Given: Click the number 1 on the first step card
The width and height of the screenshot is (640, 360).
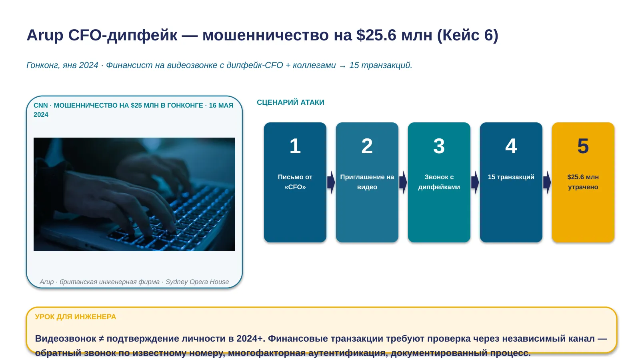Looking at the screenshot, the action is pos(295,146).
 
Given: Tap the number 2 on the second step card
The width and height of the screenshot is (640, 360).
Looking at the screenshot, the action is pos(367,146).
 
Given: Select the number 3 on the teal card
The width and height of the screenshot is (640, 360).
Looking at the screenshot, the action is pos(439,146).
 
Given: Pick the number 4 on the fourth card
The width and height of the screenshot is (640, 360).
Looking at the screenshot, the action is pos(511,146).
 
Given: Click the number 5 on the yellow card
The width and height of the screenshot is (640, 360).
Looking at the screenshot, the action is pos(583,146).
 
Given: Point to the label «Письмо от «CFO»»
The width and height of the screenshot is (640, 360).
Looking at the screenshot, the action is pos(295,182).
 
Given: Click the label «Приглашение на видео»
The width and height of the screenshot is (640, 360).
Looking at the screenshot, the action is pos(367,182).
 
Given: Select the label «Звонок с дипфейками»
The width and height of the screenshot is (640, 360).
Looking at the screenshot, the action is pos(439,182).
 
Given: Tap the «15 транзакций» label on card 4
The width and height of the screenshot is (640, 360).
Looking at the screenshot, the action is pos(511,177).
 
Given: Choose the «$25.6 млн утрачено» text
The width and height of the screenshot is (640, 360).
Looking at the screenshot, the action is pos(583,182).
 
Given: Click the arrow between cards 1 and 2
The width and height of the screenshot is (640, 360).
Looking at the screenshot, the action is pos(331,182).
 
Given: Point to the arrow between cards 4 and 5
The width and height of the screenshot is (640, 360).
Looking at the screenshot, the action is pos(547,182).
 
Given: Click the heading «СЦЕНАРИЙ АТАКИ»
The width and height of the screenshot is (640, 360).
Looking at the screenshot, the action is pos(290,102).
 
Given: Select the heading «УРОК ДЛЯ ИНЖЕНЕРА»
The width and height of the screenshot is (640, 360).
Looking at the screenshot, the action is pos(76,317).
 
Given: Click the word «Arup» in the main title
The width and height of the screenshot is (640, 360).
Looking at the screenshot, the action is pos(45,36).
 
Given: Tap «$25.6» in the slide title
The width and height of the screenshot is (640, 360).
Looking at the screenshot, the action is pos(376,35).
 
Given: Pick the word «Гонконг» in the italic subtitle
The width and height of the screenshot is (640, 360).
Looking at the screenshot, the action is pos(43,66).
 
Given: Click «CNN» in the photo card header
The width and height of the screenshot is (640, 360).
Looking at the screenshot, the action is pos(40,106).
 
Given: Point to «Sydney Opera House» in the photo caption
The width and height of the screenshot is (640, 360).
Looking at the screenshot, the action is pos(197,282).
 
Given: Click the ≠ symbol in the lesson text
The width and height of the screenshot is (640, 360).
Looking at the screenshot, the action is pos(101,339).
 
